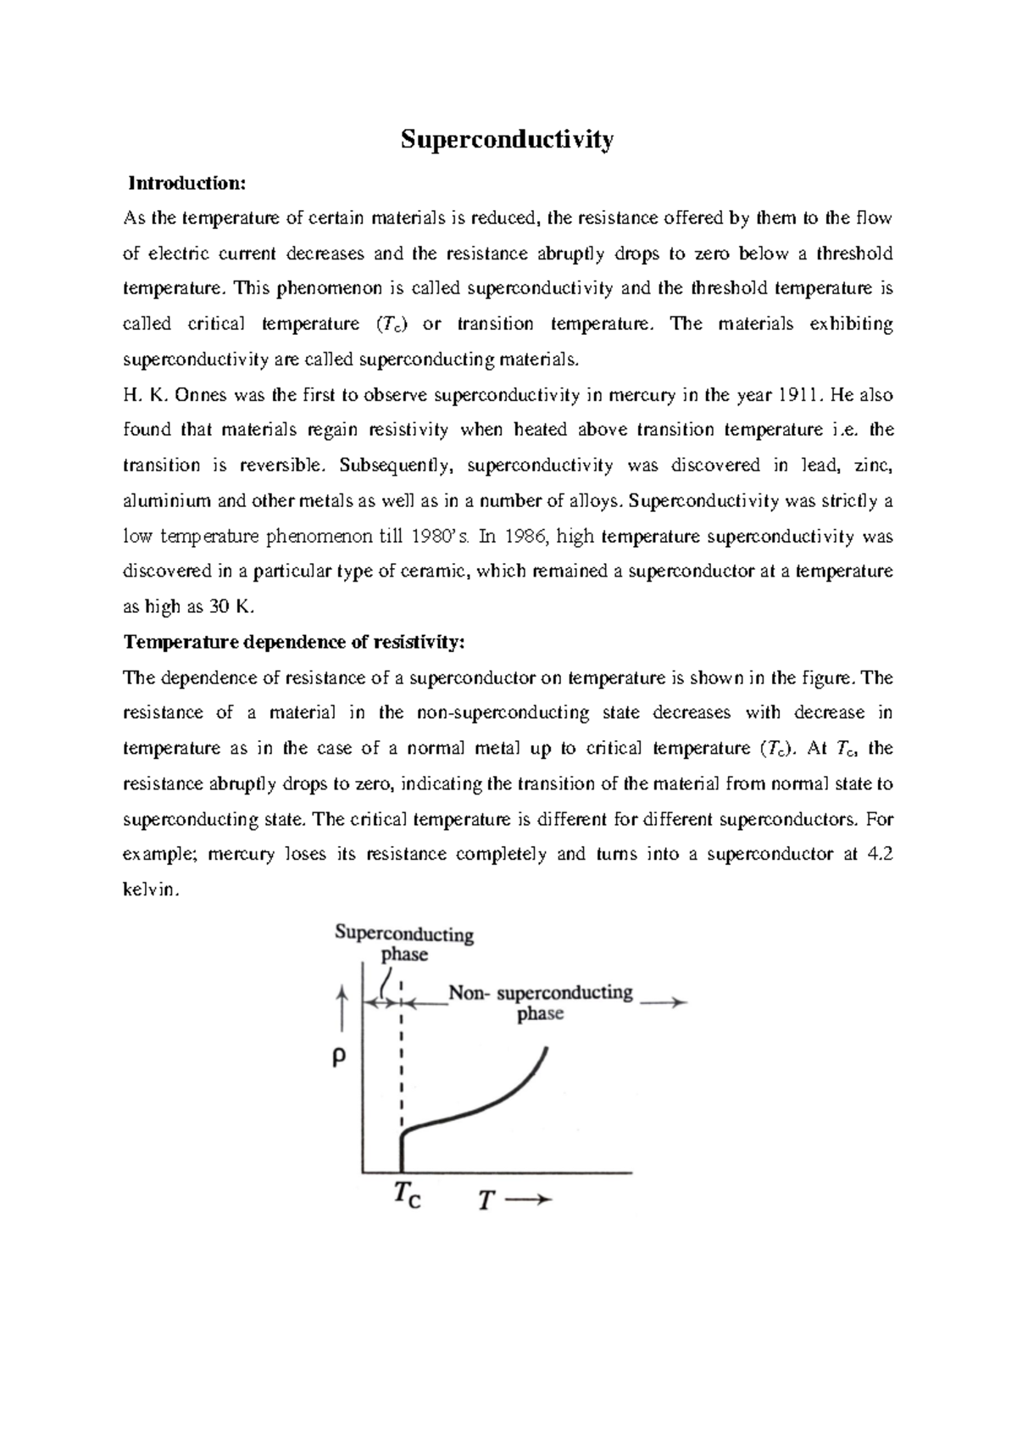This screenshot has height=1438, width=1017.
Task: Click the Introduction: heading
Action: click(x=186, y=183)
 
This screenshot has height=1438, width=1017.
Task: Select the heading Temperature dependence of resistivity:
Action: click(x=294, y=642)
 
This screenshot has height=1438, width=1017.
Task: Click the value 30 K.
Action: click(x=231, y=607)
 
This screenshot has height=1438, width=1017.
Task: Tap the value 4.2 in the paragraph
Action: click(x=881, y=855)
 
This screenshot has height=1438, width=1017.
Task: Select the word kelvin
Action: click(x=149, y=890)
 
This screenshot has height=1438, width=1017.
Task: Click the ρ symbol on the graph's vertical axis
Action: click(x=339, y=1058)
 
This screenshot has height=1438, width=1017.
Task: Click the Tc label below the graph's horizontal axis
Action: click(x=407, y=1198)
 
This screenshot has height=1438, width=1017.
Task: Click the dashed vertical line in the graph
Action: click(x=401, y=1068)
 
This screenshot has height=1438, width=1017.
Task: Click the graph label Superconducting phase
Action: click(x=404, y=944)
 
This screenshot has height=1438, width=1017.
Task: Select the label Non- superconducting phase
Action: click(x=541, y=1002)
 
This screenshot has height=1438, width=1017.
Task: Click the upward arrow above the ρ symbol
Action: click(x=342, y=1005)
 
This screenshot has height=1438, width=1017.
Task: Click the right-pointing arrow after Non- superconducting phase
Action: click(x=663, y=1002)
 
